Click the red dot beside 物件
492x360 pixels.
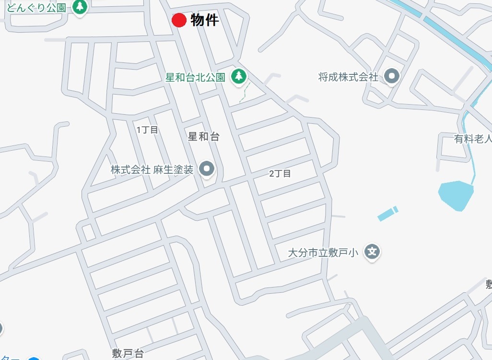pyautogui.click(x=179, y=20)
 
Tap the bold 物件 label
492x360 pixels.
pyautogui.click(x=205, y=20)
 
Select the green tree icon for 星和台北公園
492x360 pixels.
pyautogui.click(x=239, y=76)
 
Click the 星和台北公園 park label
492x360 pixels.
pyautogui.click(x=195, y=77)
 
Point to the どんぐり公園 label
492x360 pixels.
pyautogui.click(x=33, y=7)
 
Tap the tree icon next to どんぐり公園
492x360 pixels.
pyautogui.click(x=81, y=7)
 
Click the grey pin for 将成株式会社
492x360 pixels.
pyautogui.click(x=392, y=76)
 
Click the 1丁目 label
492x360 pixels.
pyautogui.click(x=147, y=130)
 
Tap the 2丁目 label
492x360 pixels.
pyautogui.click(x=280, y=173)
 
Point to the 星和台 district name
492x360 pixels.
pyautogui.click(x=204, y=137)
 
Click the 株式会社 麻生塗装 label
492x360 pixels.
pyautogui.click(x=152, y=169)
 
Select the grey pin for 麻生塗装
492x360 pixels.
pyautogui.click(x=207, y=168)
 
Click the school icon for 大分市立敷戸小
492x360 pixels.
pyautogui.click(x=372, y=251)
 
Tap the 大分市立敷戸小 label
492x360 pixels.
pyautogui.click(x=323, y=252)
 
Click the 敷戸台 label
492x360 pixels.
pyautogui.click(x=128, y=354)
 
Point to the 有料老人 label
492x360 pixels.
pyautogui.click(x=473, y=139)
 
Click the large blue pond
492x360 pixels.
pyautogui.click(x=456, y=194)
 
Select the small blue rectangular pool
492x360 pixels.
pyautogui.click(x=387, y=214)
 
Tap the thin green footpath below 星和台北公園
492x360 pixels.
pyautogui.click(x=245, y=91)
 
